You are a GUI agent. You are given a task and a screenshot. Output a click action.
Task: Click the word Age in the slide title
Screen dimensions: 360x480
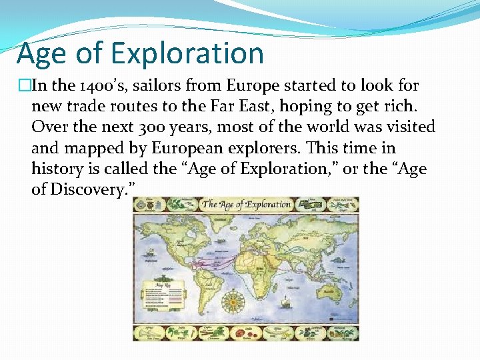(x=41, y=53)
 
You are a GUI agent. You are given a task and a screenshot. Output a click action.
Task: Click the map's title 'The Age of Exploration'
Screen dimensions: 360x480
(x=247, y=205)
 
